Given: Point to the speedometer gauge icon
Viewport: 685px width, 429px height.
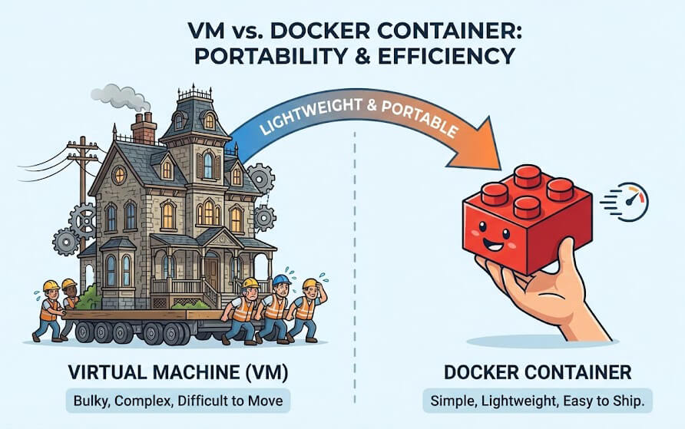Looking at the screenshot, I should click(633, 202).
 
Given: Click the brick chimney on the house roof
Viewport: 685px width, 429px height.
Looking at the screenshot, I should click(144, 128).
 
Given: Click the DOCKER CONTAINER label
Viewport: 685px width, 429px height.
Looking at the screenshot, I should click(537, 374).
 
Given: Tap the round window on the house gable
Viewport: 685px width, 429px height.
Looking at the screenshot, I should click(119, 174).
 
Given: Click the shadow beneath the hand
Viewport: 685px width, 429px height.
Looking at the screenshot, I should click(538, 341).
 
